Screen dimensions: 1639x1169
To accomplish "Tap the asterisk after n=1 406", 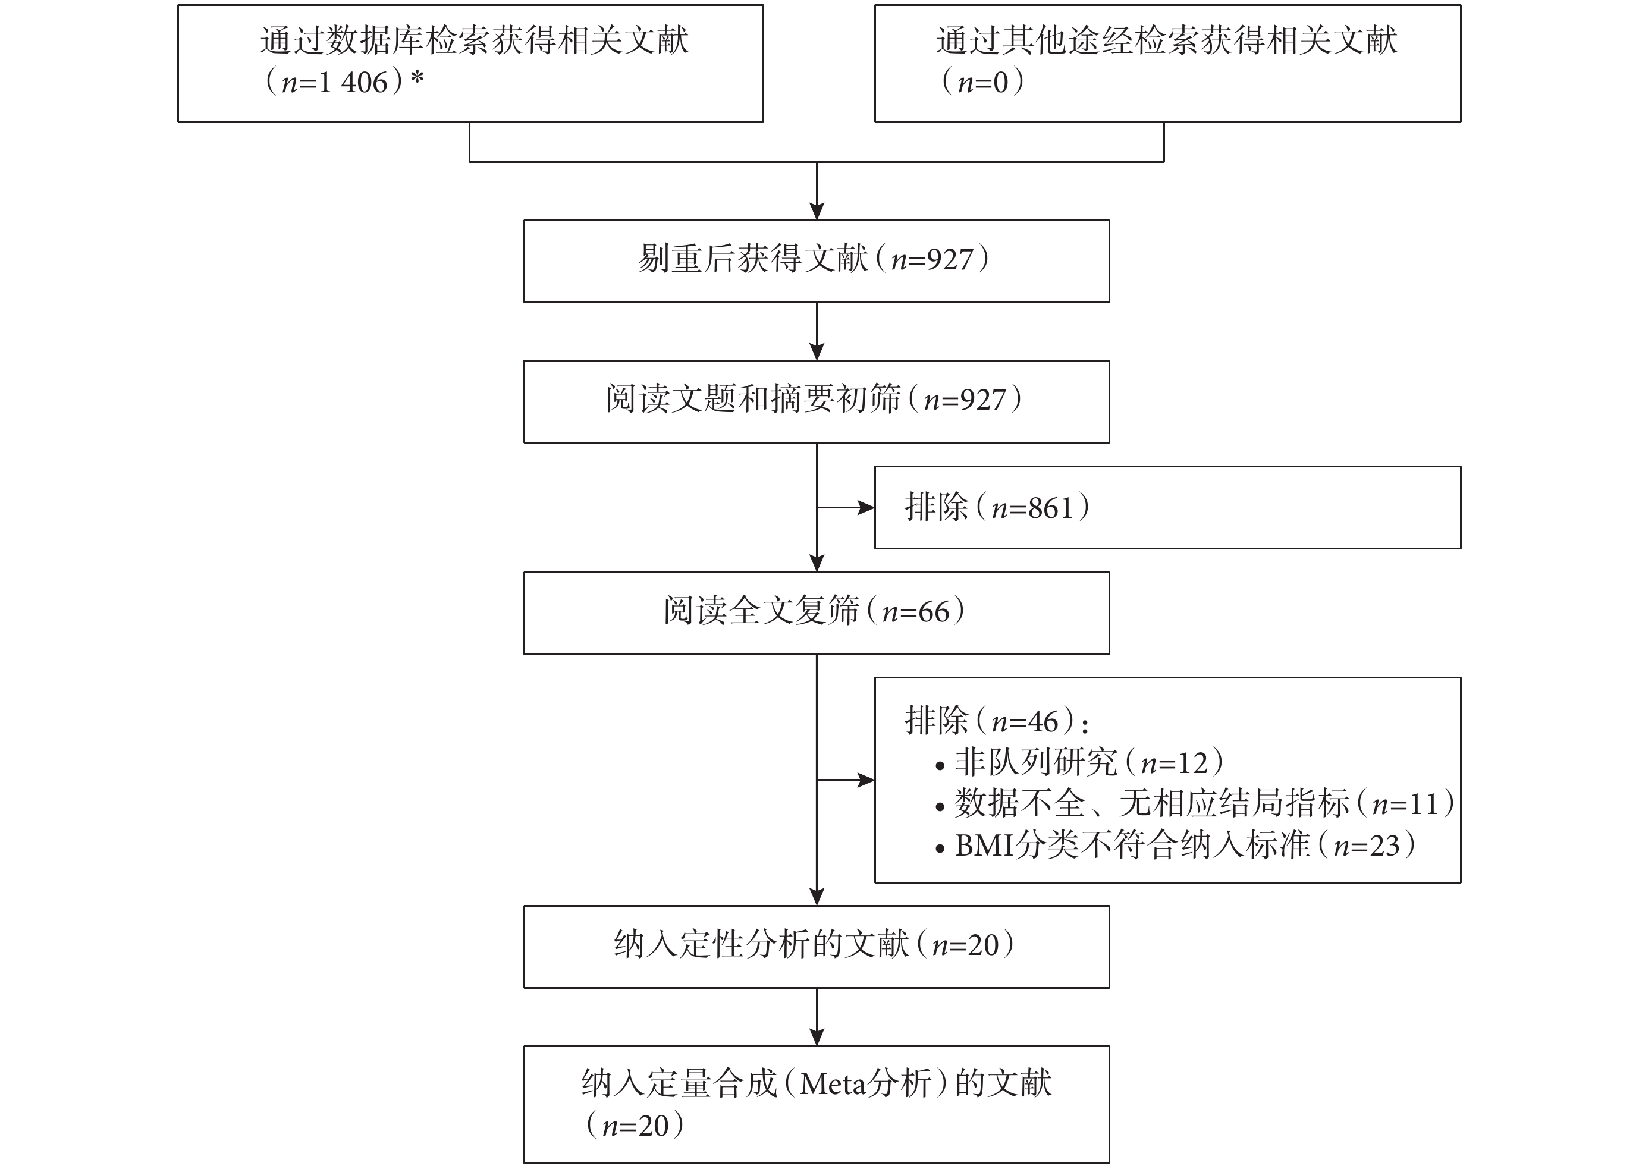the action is [417, 78].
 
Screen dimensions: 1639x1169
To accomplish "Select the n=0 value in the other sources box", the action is [982, 83].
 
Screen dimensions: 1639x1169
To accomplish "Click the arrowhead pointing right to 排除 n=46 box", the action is [866, 780].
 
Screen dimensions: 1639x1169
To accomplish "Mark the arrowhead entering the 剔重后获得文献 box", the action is [817, 211].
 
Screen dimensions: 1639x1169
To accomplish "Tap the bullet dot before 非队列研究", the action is [940, 767].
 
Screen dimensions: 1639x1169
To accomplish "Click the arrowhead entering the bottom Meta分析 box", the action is [817, 1036].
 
